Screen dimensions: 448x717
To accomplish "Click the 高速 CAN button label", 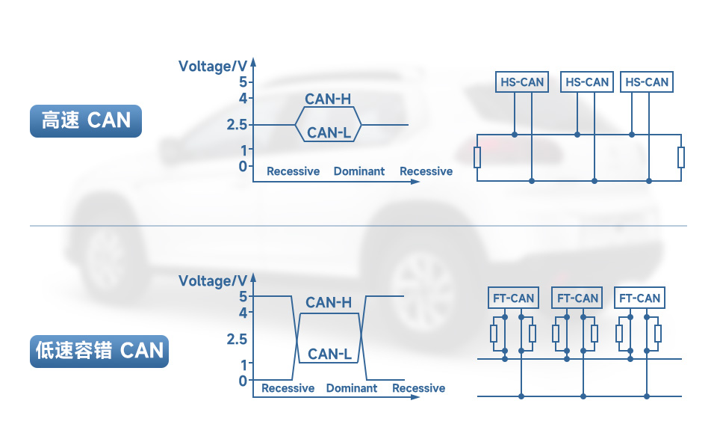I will (85, 120).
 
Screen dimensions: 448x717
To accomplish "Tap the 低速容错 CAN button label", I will (99, 350).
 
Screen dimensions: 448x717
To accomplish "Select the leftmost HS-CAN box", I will (522, 82).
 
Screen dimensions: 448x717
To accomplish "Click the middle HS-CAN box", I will (587, 82).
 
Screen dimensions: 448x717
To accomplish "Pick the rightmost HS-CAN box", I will (647, 82).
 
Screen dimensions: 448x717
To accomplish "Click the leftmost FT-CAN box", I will (513, 298).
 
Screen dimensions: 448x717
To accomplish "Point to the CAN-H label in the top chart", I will (328, 99).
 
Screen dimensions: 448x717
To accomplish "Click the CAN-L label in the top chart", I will (329, 133).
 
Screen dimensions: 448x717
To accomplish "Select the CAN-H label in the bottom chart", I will (329, 302).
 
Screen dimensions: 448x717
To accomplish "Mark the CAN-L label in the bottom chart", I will (329, 354).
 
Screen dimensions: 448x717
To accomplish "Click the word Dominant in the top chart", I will (359, 171).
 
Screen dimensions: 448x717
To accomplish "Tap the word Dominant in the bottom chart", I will (352, 388).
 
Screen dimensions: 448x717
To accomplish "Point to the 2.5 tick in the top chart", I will (237, 124).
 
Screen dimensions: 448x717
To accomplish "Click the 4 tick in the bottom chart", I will (242, 313).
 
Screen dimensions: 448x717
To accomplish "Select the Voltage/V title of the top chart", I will (212, 67).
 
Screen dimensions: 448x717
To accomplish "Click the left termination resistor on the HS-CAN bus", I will (477, 158).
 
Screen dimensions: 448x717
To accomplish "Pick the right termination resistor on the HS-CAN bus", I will (681, 158).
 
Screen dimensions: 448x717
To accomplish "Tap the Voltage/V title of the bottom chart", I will (212, 281).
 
